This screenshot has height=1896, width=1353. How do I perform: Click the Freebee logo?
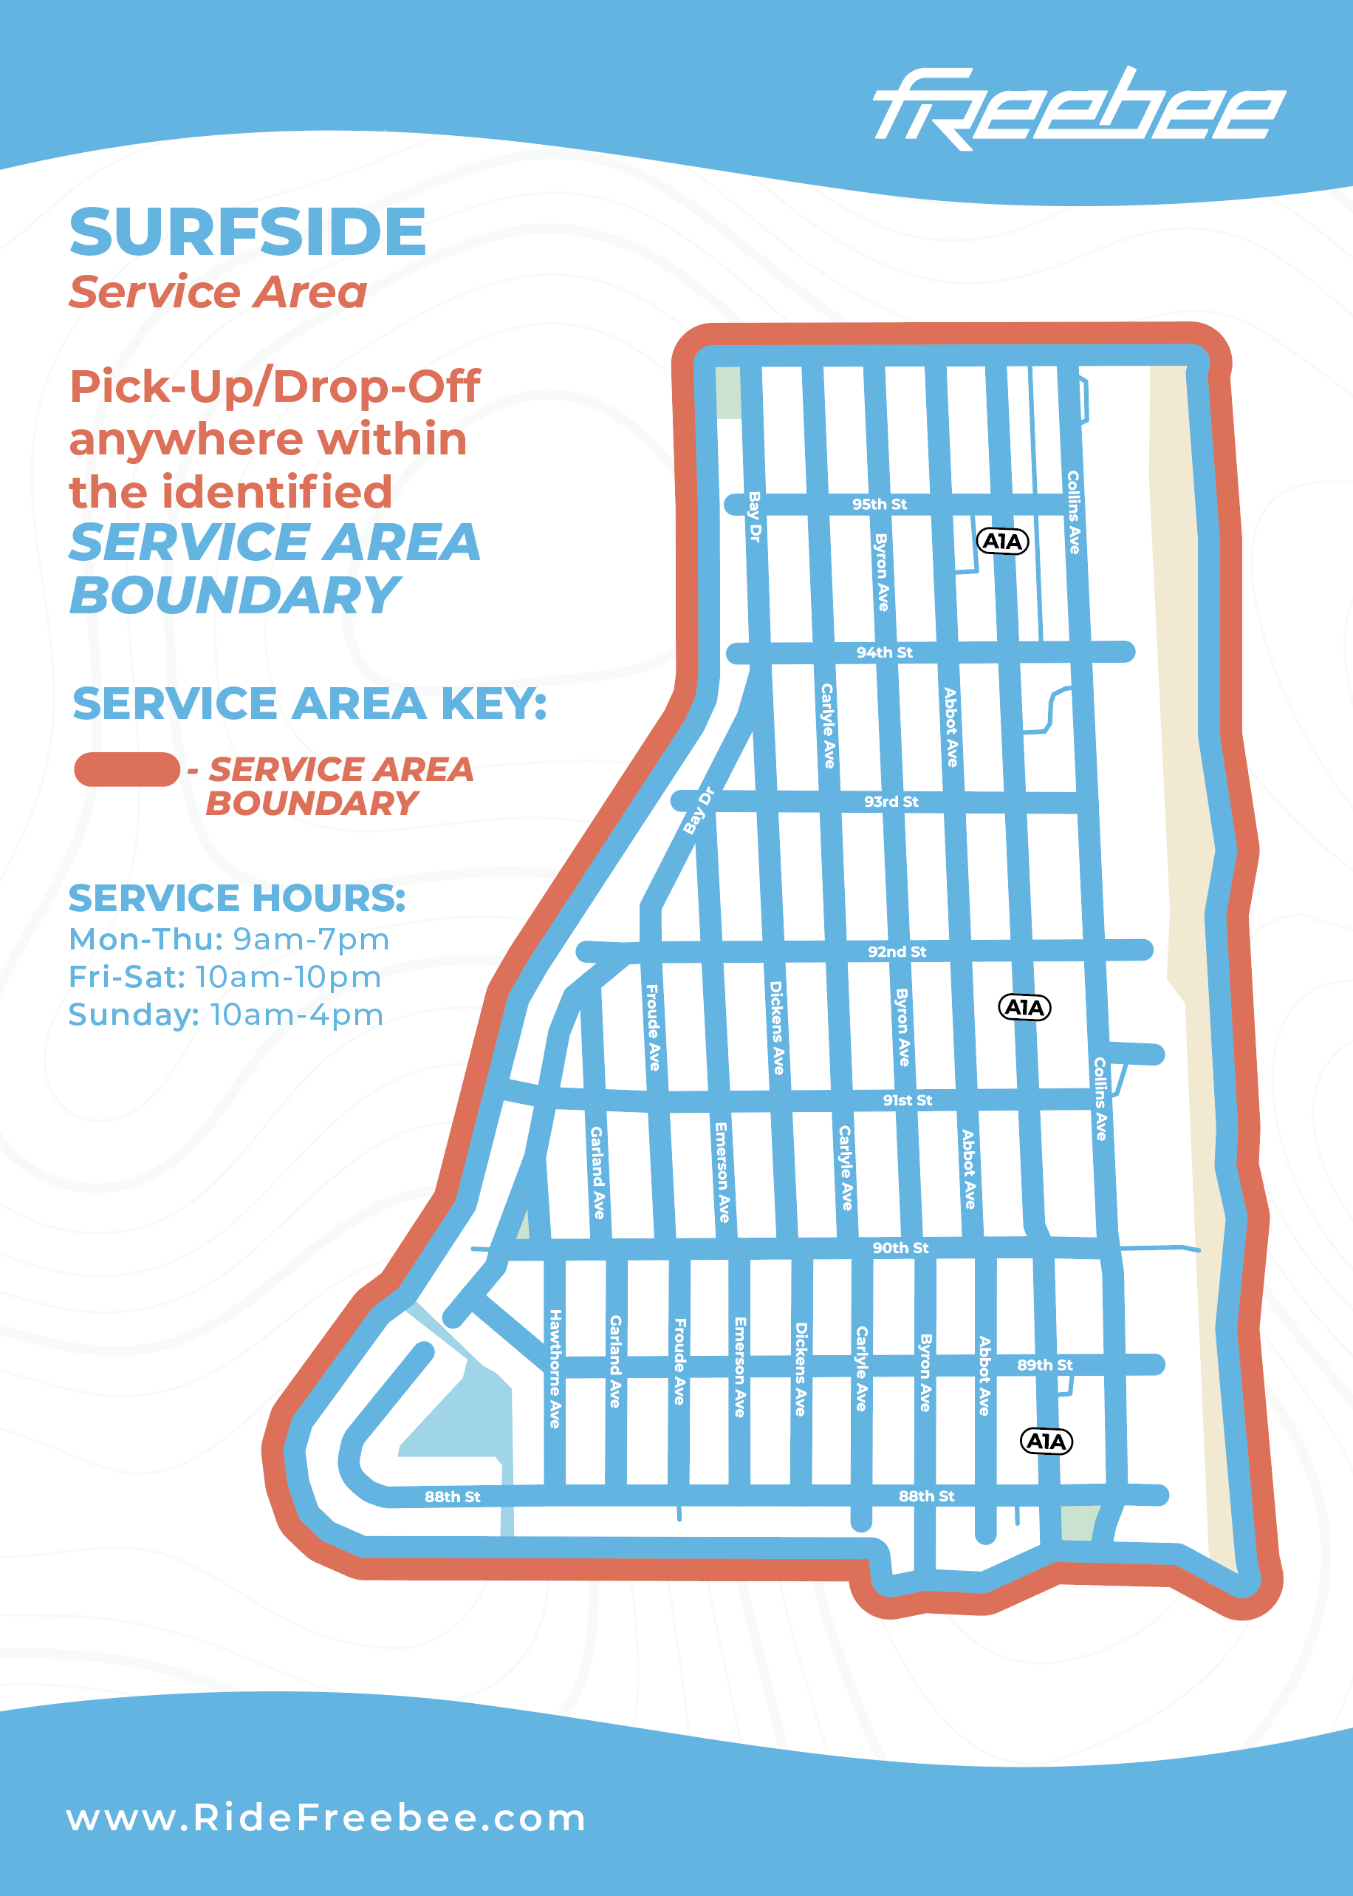click(1078, 109)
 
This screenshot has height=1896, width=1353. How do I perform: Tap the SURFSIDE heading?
click(247, 232)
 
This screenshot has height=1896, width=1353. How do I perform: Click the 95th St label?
click(879, 504)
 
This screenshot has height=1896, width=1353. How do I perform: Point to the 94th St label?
click(884, 652)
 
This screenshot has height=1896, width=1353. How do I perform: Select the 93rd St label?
click(891, 802)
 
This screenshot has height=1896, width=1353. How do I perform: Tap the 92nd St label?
click(897, 952)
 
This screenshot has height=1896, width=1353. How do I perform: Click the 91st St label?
click(907, 1100)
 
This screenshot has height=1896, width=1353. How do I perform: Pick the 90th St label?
click(900, 1247)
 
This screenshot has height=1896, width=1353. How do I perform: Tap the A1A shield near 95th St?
click(1002, 542)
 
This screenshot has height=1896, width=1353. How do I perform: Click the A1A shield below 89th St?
click(1047, 1441)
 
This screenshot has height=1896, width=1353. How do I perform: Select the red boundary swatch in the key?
click(126, 769)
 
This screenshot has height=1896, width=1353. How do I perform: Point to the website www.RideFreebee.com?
click(326, 1818)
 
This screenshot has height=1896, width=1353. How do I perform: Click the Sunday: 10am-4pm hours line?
click(226, 1015)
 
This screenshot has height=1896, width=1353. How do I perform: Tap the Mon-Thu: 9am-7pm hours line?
click(229, 939)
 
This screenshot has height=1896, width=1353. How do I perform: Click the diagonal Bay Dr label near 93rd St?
click(698, 810)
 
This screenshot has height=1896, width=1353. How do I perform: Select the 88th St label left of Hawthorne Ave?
click(453, 1497)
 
